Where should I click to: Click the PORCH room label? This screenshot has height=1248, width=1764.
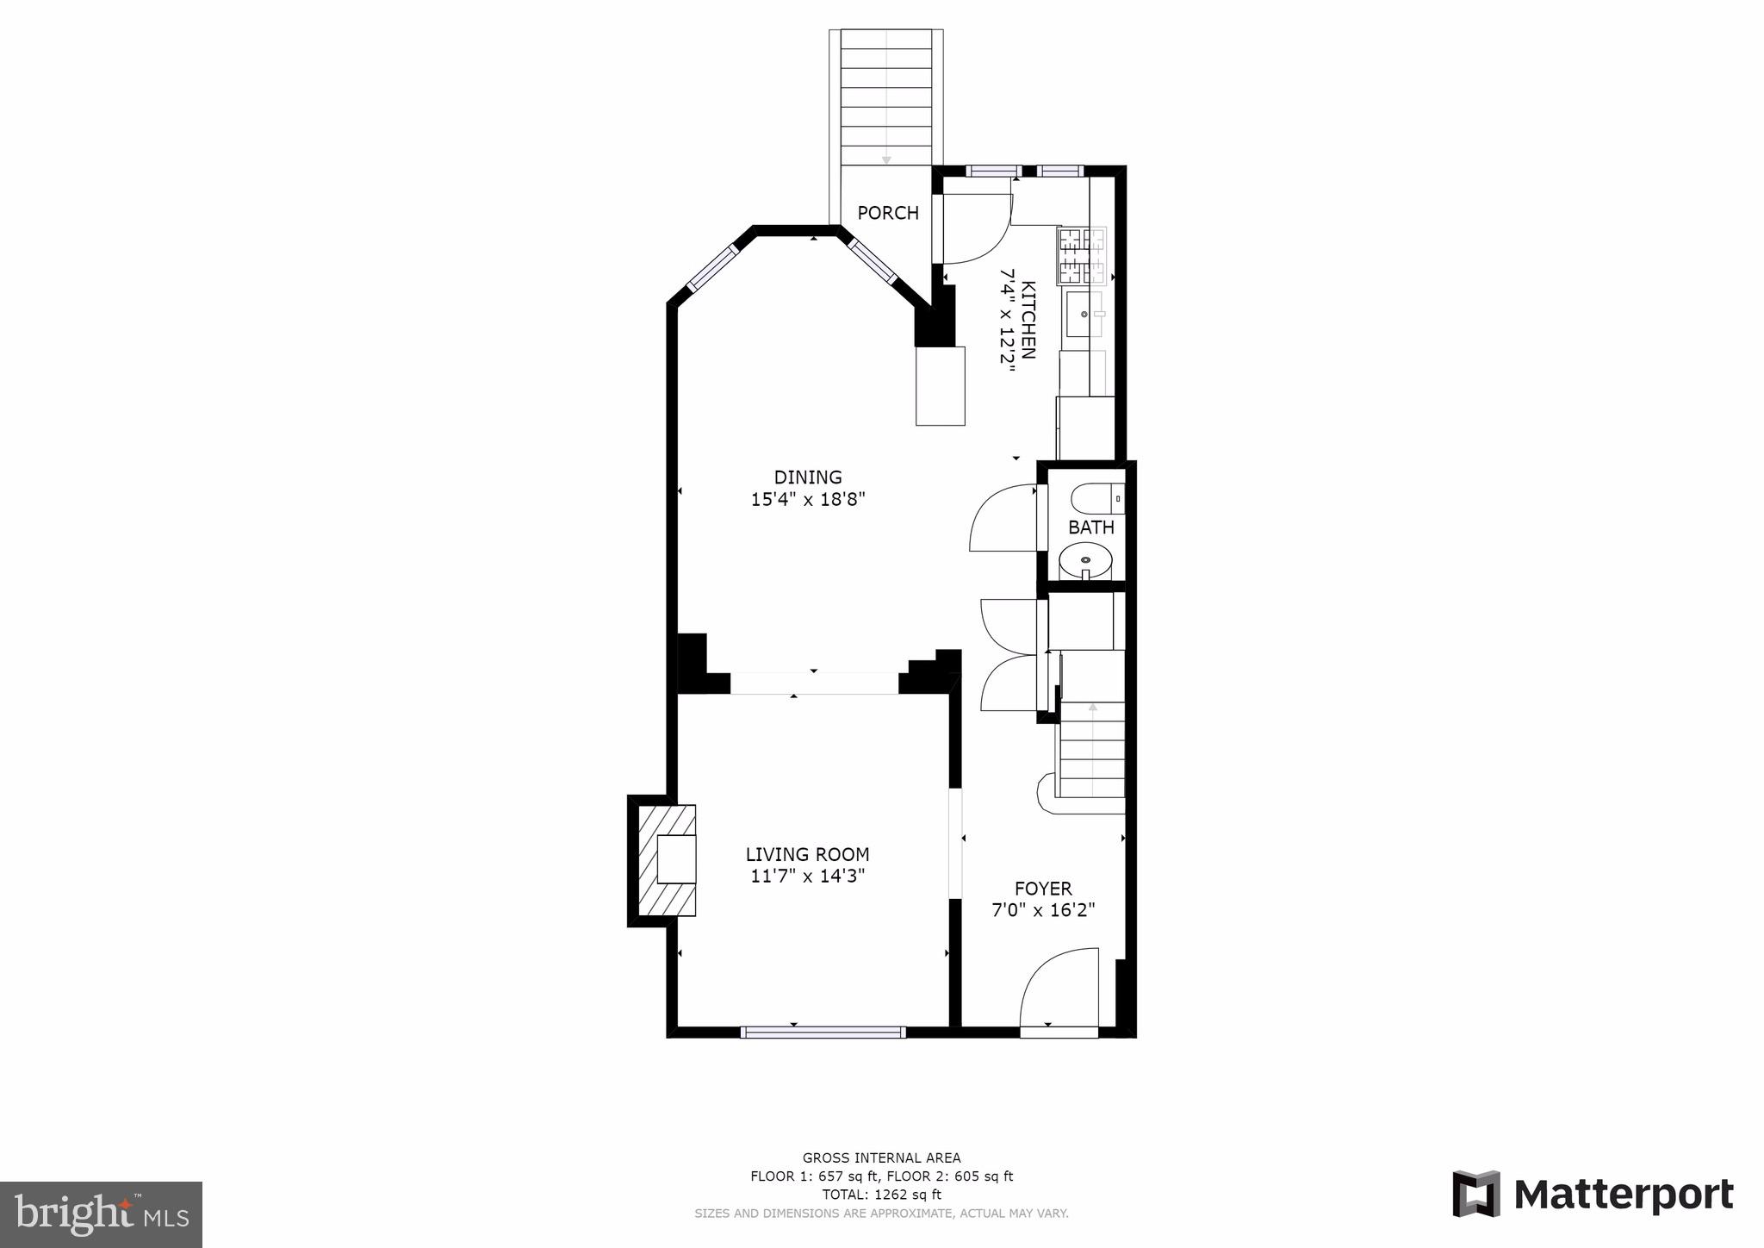(x=887, y=213)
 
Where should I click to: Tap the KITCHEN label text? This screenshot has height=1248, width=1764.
(x=1028, y=320)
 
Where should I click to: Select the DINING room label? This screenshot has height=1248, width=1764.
(x=807, y=477)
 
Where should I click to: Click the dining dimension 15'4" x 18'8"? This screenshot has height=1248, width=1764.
(x=807, y=499)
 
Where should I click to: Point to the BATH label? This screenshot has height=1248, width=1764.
(x=1090, y=527)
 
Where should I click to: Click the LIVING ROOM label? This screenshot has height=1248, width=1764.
(x=807, y=854)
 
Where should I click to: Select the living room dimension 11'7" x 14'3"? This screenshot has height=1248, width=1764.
(x=807, y=877)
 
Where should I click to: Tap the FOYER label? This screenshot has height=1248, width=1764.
(x=1042, y=889)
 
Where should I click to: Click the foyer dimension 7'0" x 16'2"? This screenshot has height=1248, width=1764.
(x=1042, y=910)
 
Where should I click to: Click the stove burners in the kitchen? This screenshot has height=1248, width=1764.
(x=1081, y=255)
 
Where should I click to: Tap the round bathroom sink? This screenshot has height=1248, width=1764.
(x=1085, y=562)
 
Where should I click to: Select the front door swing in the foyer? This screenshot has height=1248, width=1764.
(x=1059, y=989)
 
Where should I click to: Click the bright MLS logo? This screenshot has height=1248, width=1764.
(x=101, y=1214)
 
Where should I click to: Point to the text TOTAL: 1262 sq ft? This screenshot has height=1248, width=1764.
(x=881, y=1195)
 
